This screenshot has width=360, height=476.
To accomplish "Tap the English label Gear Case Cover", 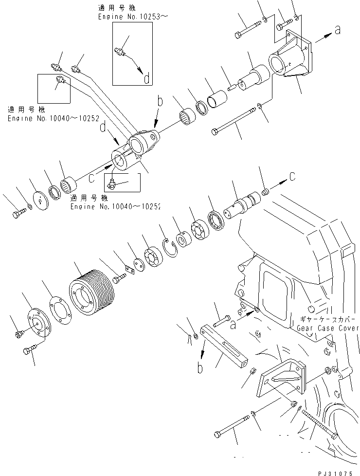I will [x=327, y=329].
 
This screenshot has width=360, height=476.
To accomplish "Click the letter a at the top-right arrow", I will [x=337, y=31].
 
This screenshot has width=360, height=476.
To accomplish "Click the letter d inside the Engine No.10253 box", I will [x=147, y=78].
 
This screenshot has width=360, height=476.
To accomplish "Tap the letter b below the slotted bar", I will [x=200, y=368].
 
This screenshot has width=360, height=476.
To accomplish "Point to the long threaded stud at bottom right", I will [x=319, y=422].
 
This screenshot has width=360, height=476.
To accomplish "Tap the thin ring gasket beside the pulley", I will [x=59, y=311].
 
